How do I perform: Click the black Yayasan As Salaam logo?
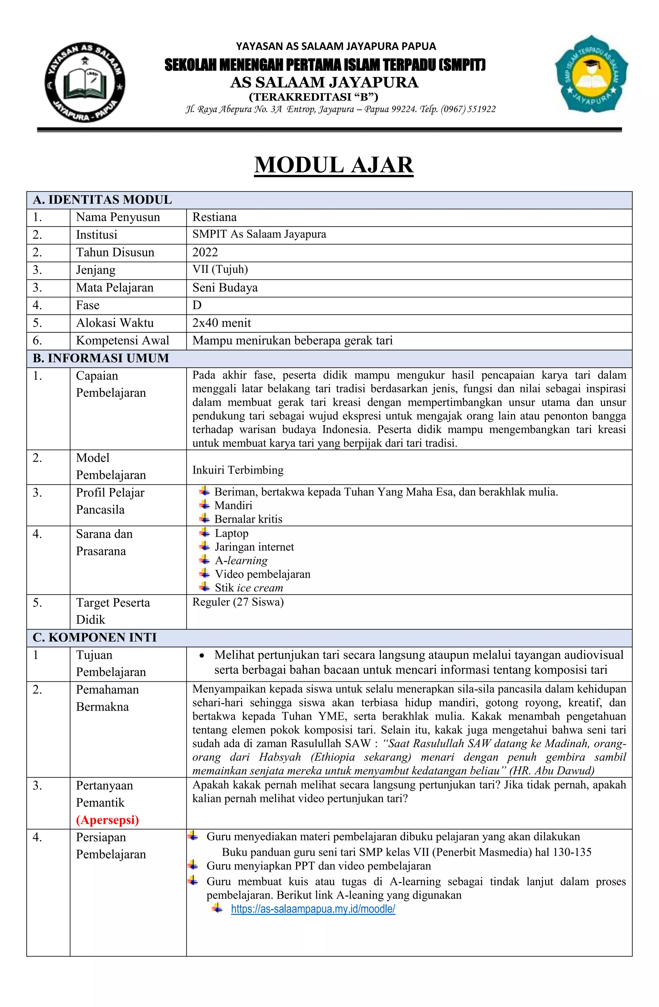coord(85,82)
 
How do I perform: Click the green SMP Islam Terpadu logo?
coord(591,74)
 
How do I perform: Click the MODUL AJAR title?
coord(333,165)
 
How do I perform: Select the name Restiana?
coord(214,217)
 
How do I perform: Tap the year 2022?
coord(205,252)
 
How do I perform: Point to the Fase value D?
coord(197,305)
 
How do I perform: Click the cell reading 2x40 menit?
coord(221,323)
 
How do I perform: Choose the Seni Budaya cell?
coord(225,288)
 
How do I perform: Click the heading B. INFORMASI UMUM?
coord(101,358)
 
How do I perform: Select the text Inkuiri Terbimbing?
coord(238,470)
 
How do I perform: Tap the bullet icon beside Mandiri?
coord(205,505)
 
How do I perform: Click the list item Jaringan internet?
coord(254,547)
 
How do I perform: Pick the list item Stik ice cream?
coord(248,588)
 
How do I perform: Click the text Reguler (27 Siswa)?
coord(238,602)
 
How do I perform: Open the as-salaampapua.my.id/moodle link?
coord(313,909)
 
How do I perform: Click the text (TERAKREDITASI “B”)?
coord(313,97)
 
